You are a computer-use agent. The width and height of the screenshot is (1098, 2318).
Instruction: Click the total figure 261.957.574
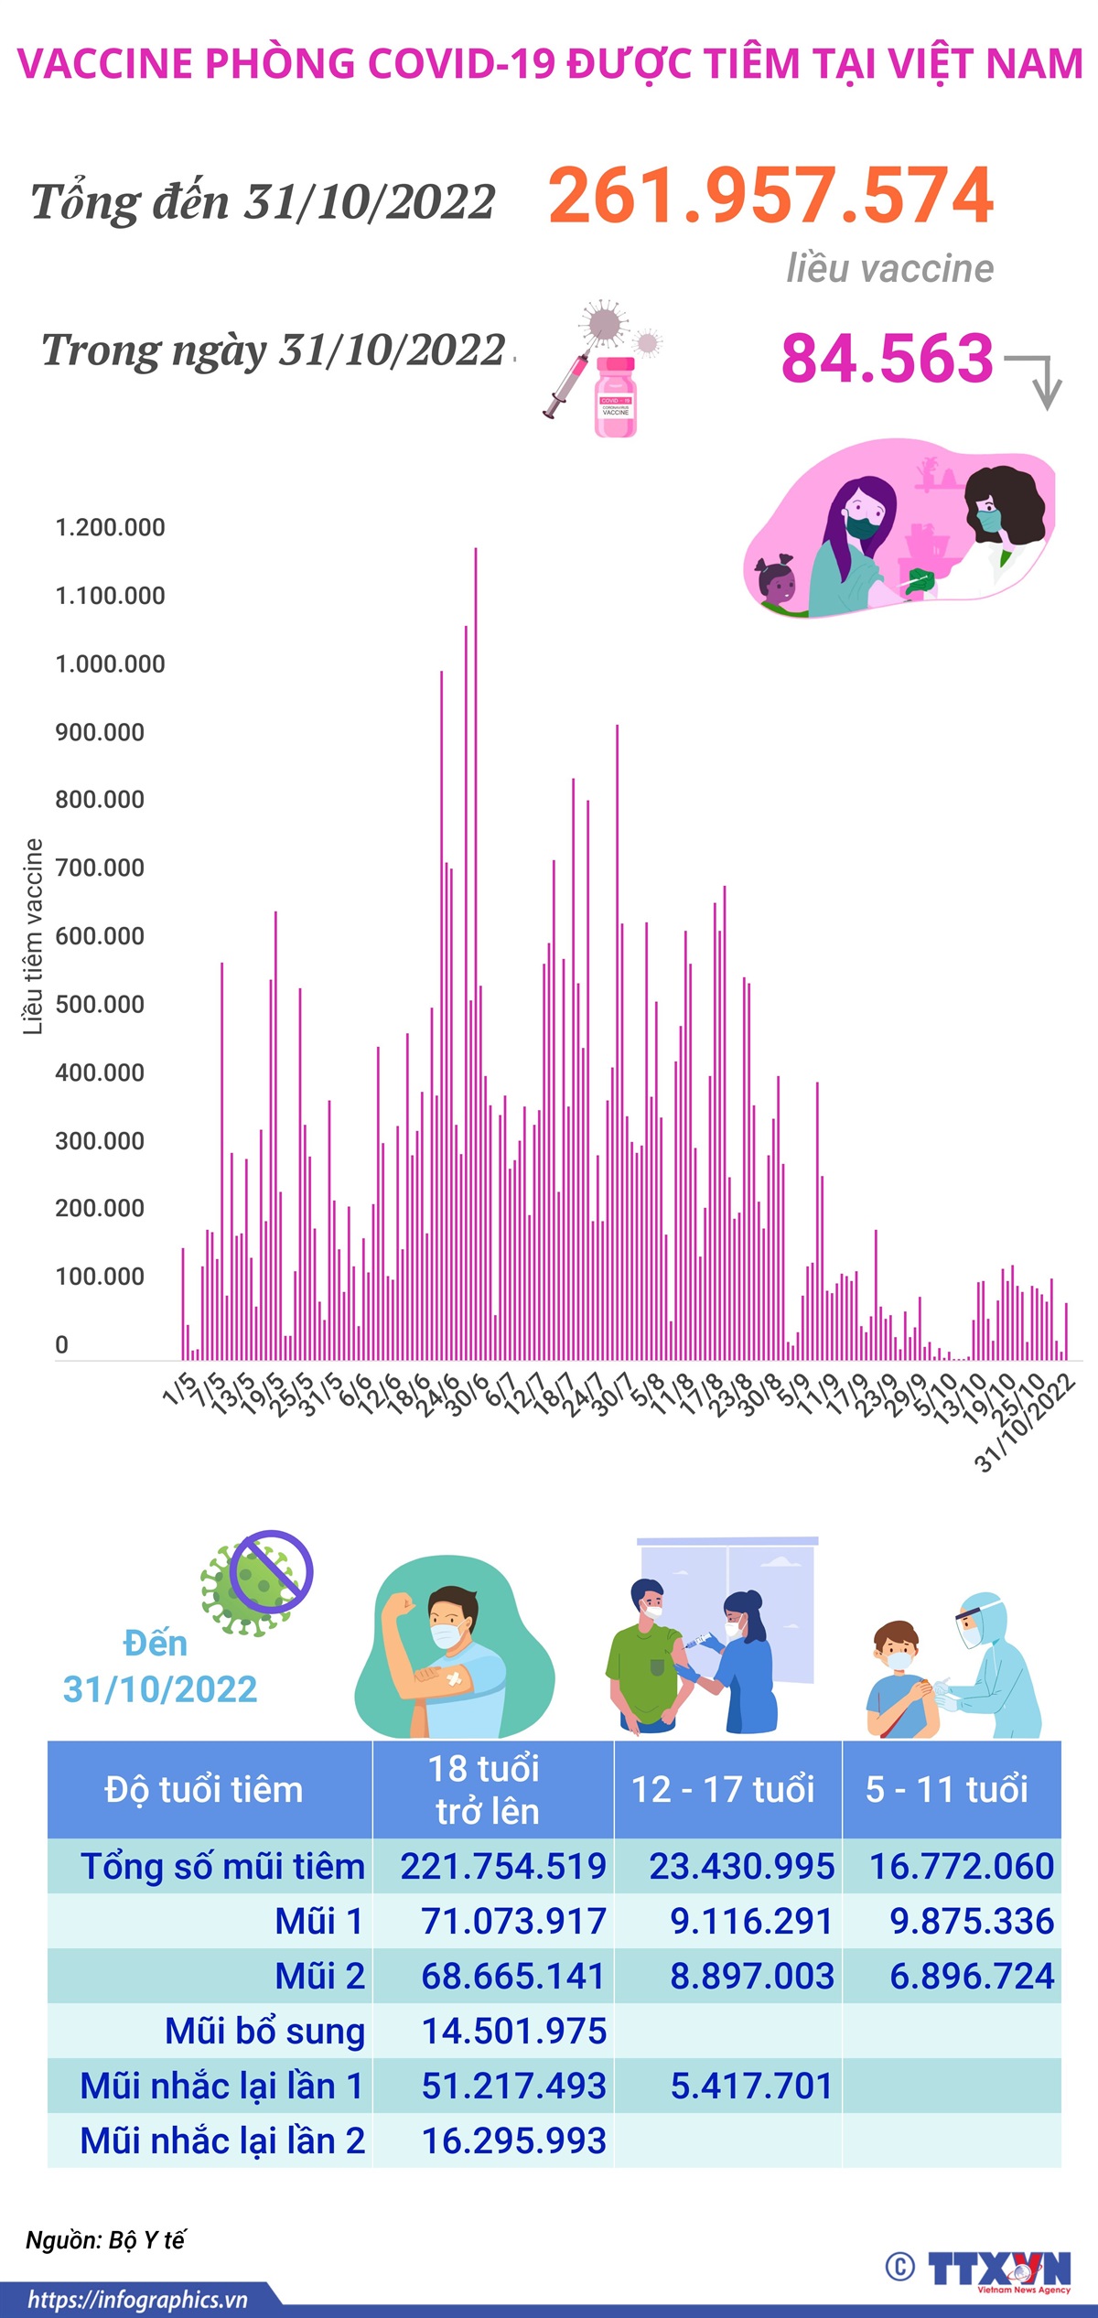pos(770,196)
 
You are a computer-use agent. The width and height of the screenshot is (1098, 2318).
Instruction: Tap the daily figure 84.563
pos(887,358)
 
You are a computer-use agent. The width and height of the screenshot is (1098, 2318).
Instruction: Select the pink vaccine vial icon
pos(615,397)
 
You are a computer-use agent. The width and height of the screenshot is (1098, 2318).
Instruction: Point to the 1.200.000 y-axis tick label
pos(110,528)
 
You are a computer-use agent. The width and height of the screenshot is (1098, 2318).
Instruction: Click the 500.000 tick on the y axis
pos(100,1005)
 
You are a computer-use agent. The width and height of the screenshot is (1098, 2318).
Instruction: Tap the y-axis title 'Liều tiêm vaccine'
pos(33,936)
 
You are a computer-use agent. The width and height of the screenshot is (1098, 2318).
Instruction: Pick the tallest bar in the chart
pos(475,952)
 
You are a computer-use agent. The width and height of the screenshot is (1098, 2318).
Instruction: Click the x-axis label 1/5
pos(179,1388)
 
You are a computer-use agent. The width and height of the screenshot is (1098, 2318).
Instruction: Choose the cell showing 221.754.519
pos(503,1867)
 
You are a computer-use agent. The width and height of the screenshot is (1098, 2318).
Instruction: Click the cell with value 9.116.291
pos(751,1922)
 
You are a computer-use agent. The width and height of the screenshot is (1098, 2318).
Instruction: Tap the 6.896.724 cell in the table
pos(972,1977)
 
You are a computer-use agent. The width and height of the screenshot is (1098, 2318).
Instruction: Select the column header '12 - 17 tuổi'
pos(723,1789)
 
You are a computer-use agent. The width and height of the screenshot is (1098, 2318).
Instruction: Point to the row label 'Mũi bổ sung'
pos(265,2032)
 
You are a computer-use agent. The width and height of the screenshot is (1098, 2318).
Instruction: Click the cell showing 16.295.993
pos(513,2141)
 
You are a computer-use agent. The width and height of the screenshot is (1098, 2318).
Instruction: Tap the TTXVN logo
pos(997,2269)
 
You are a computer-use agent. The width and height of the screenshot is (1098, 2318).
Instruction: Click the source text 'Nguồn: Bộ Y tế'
pos(105,2240)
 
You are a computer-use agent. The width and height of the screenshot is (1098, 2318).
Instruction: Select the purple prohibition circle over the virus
pos(271,1571)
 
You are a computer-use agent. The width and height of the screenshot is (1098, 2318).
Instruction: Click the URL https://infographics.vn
pos(137,2301)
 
